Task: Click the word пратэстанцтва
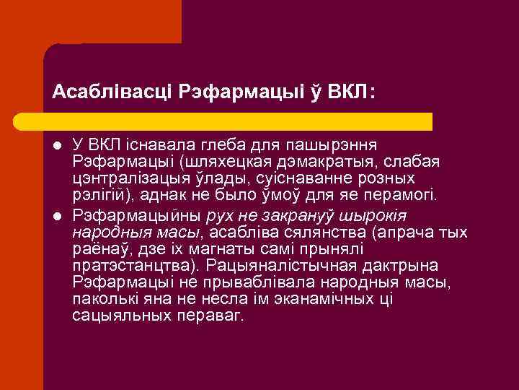coord(130,266)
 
